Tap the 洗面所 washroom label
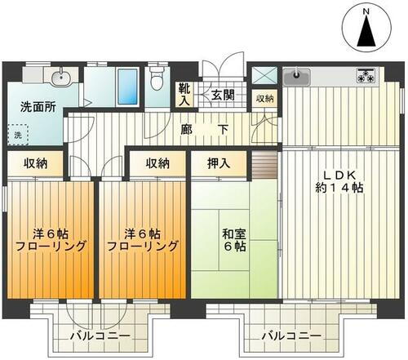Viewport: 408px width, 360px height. click(38, 106)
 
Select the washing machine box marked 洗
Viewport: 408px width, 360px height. click(17, 134)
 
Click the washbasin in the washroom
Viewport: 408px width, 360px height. click(58, 78)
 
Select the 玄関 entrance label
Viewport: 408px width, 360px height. click(223, 95)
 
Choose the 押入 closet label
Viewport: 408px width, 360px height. click(219, 162)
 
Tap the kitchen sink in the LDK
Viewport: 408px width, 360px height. click(298, 78)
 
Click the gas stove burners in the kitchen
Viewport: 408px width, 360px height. click(366, 78)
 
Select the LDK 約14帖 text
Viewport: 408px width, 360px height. click(342, 180)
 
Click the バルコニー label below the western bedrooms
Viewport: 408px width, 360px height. click(95, 336)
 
